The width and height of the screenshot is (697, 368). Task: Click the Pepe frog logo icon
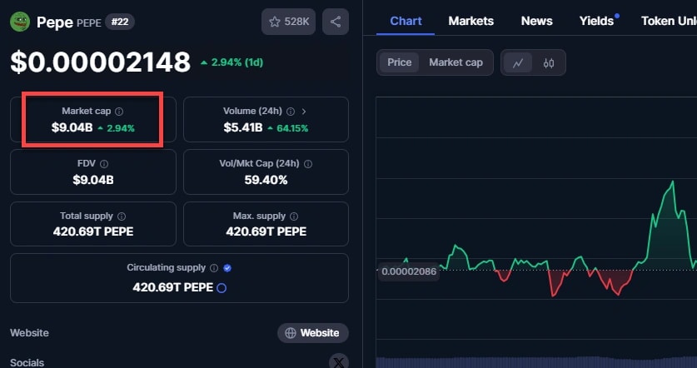20,22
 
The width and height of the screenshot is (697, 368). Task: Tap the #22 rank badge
121,22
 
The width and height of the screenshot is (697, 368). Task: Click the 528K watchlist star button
288,22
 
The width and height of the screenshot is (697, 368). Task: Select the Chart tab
406,21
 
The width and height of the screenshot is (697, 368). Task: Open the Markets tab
470,21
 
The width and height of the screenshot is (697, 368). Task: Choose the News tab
537,21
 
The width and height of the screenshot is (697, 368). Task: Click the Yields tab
596,21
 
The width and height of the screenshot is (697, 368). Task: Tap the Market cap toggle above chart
456,62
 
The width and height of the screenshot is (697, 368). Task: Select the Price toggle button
399,62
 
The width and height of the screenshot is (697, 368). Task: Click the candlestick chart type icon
549,62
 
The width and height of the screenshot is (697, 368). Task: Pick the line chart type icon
518,62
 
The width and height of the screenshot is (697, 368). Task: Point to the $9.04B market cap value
71,128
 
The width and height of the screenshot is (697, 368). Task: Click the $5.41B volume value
243,128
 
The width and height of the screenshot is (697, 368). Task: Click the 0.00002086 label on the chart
409,271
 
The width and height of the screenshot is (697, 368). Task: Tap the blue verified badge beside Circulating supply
227,268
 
